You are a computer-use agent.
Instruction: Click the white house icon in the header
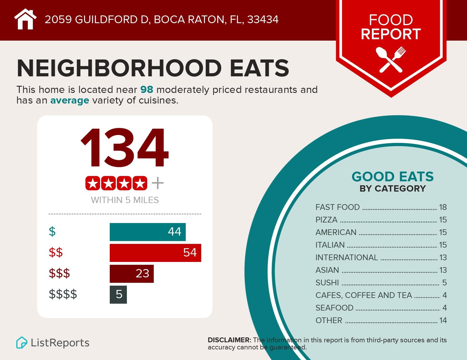click(25, 19)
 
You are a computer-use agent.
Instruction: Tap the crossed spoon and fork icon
click(391, 59)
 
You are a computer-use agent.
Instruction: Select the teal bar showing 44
click(147, 232)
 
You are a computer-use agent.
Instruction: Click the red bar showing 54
click(155, 253)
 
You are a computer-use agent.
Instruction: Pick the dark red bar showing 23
click(131, 274)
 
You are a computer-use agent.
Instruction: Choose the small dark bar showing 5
click(118, 295)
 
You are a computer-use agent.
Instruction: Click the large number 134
click(125, 148)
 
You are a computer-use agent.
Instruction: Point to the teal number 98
click(147, 90)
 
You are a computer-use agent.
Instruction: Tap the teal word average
click(70, 100)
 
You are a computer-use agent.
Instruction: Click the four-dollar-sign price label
click(63, 294)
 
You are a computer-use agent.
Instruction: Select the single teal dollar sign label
click(52, 231)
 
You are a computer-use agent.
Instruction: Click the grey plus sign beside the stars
click(157, 183)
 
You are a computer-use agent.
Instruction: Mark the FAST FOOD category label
click(338, 207)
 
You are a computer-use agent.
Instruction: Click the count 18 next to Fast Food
click(443, 207)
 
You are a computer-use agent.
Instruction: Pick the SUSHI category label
click(327, 283)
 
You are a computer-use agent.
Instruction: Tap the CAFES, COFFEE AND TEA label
click(364, 295)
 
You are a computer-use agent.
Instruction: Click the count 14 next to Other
click(443, 320)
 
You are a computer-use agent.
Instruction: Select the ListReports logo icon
click(22, 343)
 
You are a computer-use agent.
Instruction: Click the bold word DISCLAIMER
click(229, 340)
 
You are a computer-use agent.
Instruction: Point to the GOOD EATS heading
click(392, 177)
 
